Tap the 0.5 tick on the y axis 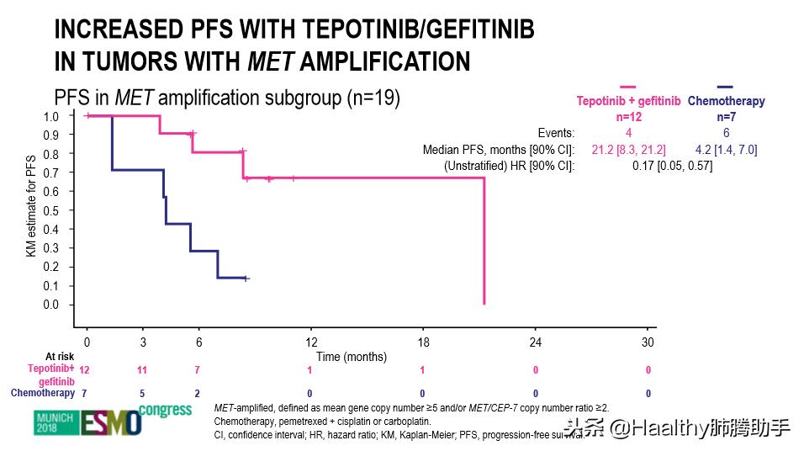[50, 210]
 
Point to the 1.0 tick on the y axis [50, 116]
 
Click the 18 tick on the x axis [423, 342]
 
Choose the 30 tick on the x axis [648, 342]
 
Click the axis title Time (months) [352, 357]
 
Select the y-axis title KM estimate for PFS [29, 210]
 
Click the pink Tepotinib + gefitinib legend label [628, 101]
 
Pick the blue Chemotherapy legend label [727, 101]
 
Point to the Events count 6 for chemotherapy [726, 133]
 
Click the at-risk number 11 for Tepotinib [143, 370]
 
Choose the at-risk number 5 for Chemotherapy [143, 393]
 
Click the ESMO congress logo [87, 420]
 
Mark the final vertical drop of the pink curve [484, 244]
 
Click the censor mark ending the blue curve [246, 279]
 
